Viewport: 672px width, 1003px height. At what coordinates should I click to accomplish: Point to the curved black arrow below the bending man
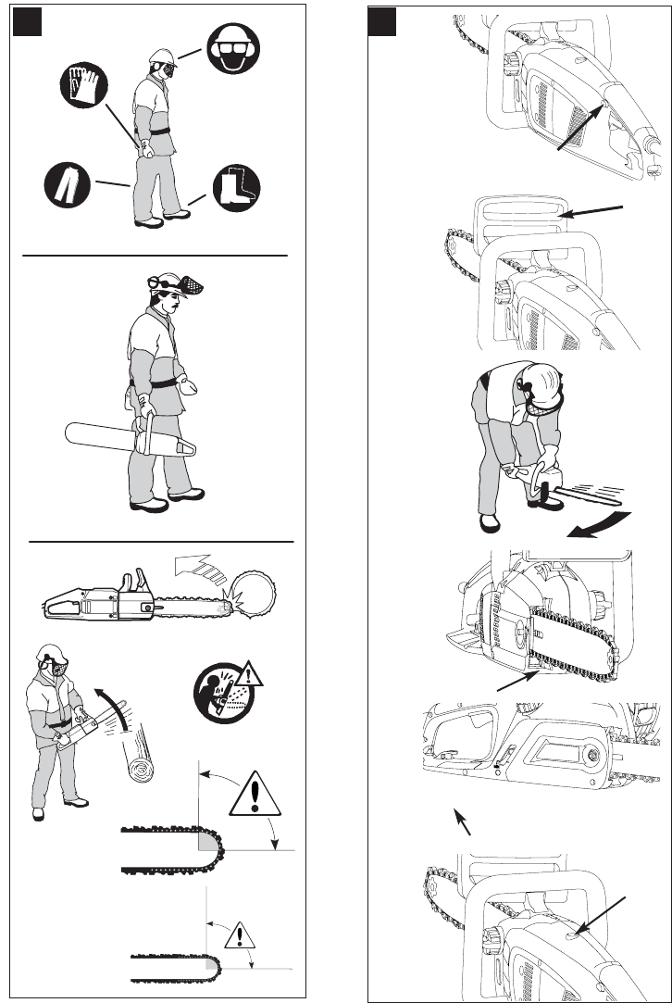coord(598,525)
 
